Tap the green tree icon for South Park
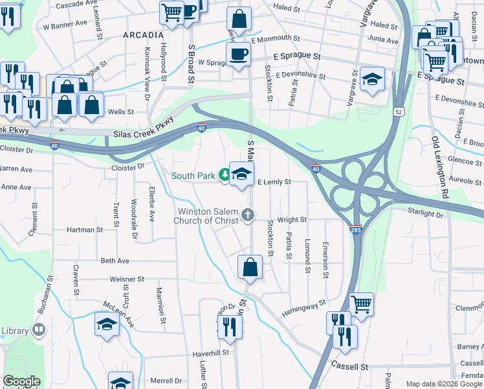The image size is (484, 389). pyautogui.click(x=224, y=174)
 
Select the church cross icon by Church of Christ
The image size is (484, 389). pyautogui.click(x=247, y=215)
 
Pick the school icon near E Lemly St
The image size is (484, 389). pyautogui.click(x=241, y=174)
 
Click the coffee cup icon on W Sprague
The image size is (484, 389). pyautogui.click(x=237, y=54)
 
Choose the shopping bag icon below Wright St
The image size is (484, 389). pyautogui.click(x=250, y=266)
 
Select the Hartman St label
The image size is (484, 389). pyautogui.click(x=85, y=230)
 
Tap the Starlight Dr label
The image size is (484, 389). pyautogui.click(x=425, y=213)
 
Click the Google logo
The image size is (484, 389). pyautogui.click(x=21, y=381)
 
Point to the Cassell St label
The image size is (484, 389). pyautogui.click(x=350, y=366)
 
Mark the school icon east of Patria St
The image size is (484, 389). pyautogui.click(x=372, y=79)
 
